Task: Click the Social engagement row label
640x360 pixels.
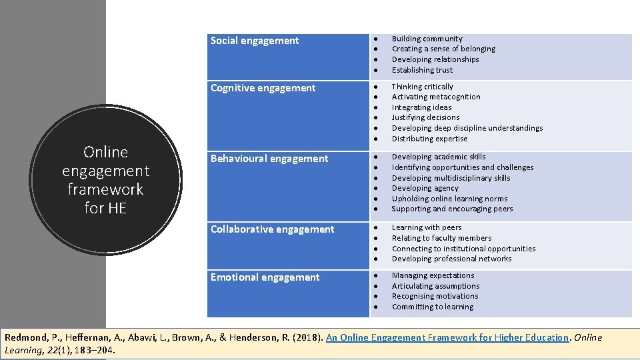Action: pos(255,41)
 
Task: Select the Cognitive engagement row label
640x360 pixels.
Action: pos(263,88)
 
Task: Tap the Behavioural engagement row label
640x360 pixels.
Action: pos(269,159)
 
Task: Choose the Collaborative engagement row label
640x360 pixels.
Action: pos(272,229)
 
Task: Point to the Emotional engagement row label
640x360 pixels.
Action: pos(265,277)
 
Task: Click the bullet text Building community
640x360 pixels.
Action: pos(427,39)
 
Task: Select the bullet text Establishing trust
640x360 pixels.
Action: pos(422,70)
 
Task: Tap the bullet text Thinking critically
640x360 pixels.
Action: pos(422,87)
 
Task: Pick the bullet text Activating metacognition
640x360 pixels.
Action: pos(436,97)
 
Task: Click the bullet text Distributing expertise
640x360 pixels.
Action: pos(429,139)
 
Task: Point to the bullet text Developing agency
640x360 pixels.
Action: pos(425,188)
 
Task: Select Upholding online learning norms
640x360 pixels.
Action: pos(449,199)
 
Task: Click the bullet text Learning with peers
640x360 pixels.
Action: pos(427,227)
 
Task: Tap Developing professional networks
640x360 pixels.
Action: pos(451,259)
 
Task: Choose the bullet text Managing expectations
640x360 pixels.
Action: pos(433,275)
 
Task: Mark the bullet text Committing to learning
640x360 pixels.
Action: pos(433,307)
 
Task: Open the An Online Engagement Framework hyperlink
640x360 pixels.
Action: pos(447,337)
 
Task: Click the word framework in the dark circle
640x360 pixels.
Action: pos(105,189)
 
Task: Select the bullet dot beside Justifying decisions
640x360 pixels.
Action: pos(377,118)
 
